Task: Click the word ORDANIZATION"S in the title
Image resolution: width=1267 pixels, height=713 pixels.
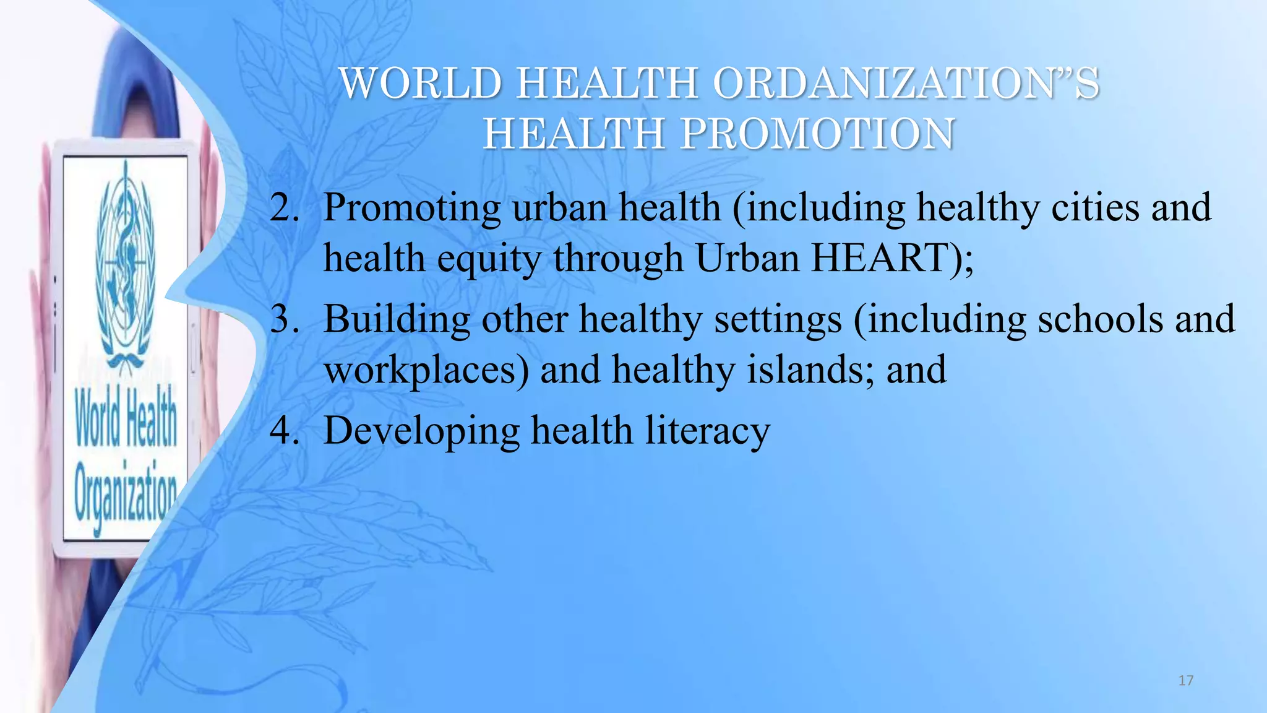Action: (906, 84)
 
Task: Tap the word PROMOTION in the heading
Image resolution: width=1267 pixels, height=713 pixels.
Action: (817, 134)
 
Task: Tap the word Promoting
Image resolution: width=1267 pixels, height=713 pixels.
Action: (411, 209)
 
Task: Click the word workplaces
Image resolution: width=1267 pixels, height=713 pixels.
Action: (427, 370)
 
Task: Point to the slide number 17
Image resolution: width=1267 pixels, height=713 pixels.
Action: (1185, 681)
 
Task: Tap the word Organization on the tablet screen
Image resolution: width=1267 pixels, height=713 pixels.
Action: (126, 495)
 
